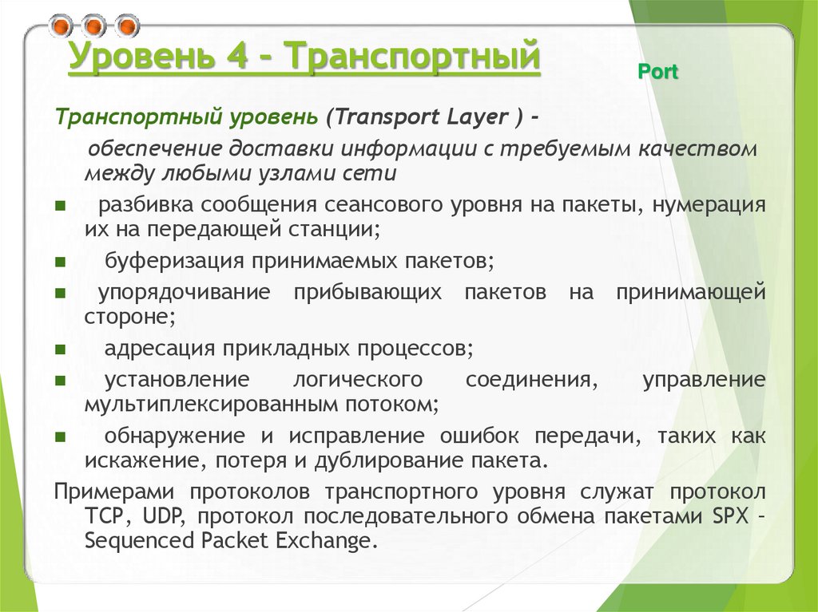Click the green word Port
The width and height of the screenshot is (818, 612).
(658, 73)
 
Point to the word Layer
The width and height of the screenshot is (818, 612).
(474, 118)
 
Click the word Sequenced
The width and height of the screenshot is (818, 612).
(133, 541)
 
